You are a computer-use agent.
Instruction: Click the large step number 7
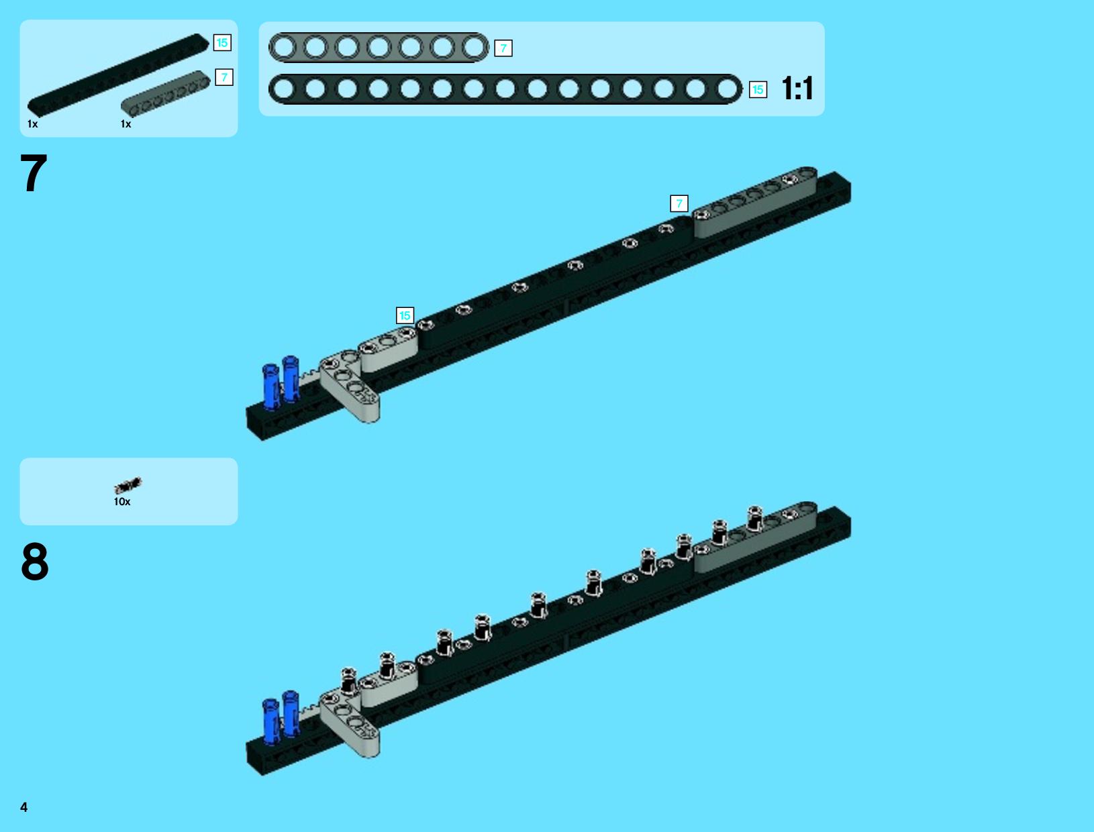(34, 172)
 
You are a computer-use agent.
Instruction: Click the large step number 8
(35, 562)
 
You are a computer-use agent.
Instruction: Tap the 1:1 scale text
(797, 89)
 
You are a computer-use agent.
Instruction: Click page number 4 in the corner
(24, 807)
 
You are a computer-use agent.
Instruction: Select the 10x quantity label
(122, 502)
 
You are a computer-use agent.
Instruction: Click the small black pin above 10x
(128, 484)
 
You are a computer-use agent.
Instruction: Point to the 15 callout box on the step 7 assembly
(405, 315)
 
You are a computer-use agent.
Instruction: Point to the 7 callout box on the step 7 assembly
(679, 203)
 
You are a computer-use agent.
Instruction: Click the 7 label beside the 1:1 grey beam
(503, 48)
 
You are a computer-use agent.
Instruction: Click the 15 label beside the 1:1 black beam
(758, 90)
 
